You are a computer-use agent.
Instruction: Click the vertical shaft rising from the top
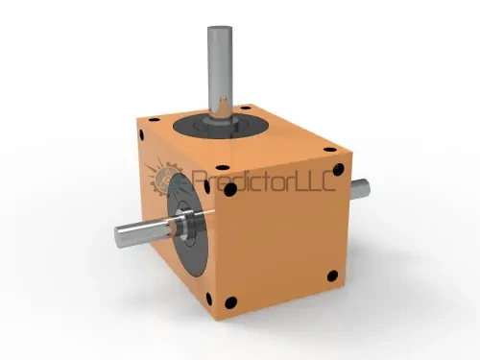pos(220,74)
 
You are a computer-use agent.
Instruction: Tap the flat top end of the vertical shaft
pos(220,29)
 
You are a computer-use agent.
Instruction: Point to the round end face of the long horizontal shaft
pos(119,236)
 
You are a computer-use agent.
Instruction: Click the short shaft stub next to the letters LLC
pos(361,189)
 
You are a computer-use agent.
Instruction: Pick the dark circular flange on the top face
pos(220,126)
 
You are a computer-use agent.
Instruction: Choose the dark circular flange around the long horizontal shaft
pos(188,224)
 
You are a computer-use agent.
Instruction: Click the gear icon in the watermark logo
pos(166,180)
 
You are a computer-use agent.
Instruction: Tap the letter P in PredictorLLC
pos(199,180)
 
